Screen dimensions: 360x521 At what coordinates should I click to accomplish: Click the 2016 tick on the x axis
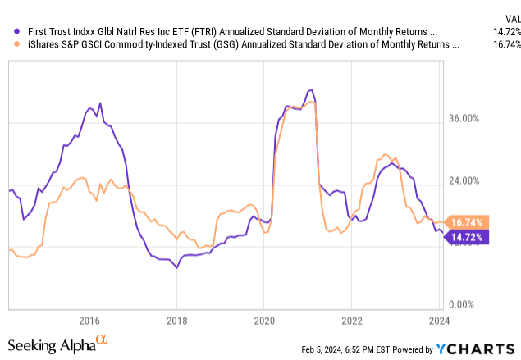tap(89, 320)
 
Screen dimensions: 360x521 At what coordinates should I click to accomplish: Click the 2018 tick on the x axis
tap(176, 320)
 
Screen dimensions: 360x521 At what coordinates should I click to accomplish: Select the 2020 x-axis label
tap(263, 320)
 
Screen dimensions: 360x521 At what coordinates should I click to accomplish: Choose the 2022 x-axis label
tap(351, 320)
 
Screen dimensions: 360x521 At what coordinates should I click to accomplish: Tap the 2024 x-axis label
tap(438, 320)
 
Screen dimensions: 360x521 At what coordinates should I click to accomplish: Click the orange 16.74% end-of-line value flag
tap(468, 222)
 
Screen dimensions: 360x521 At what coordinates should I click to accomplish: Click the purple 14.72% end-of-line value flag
tap(468, 237)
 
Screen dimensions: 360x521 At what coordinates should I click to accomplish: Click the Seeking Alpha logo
tap(57, 344)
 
